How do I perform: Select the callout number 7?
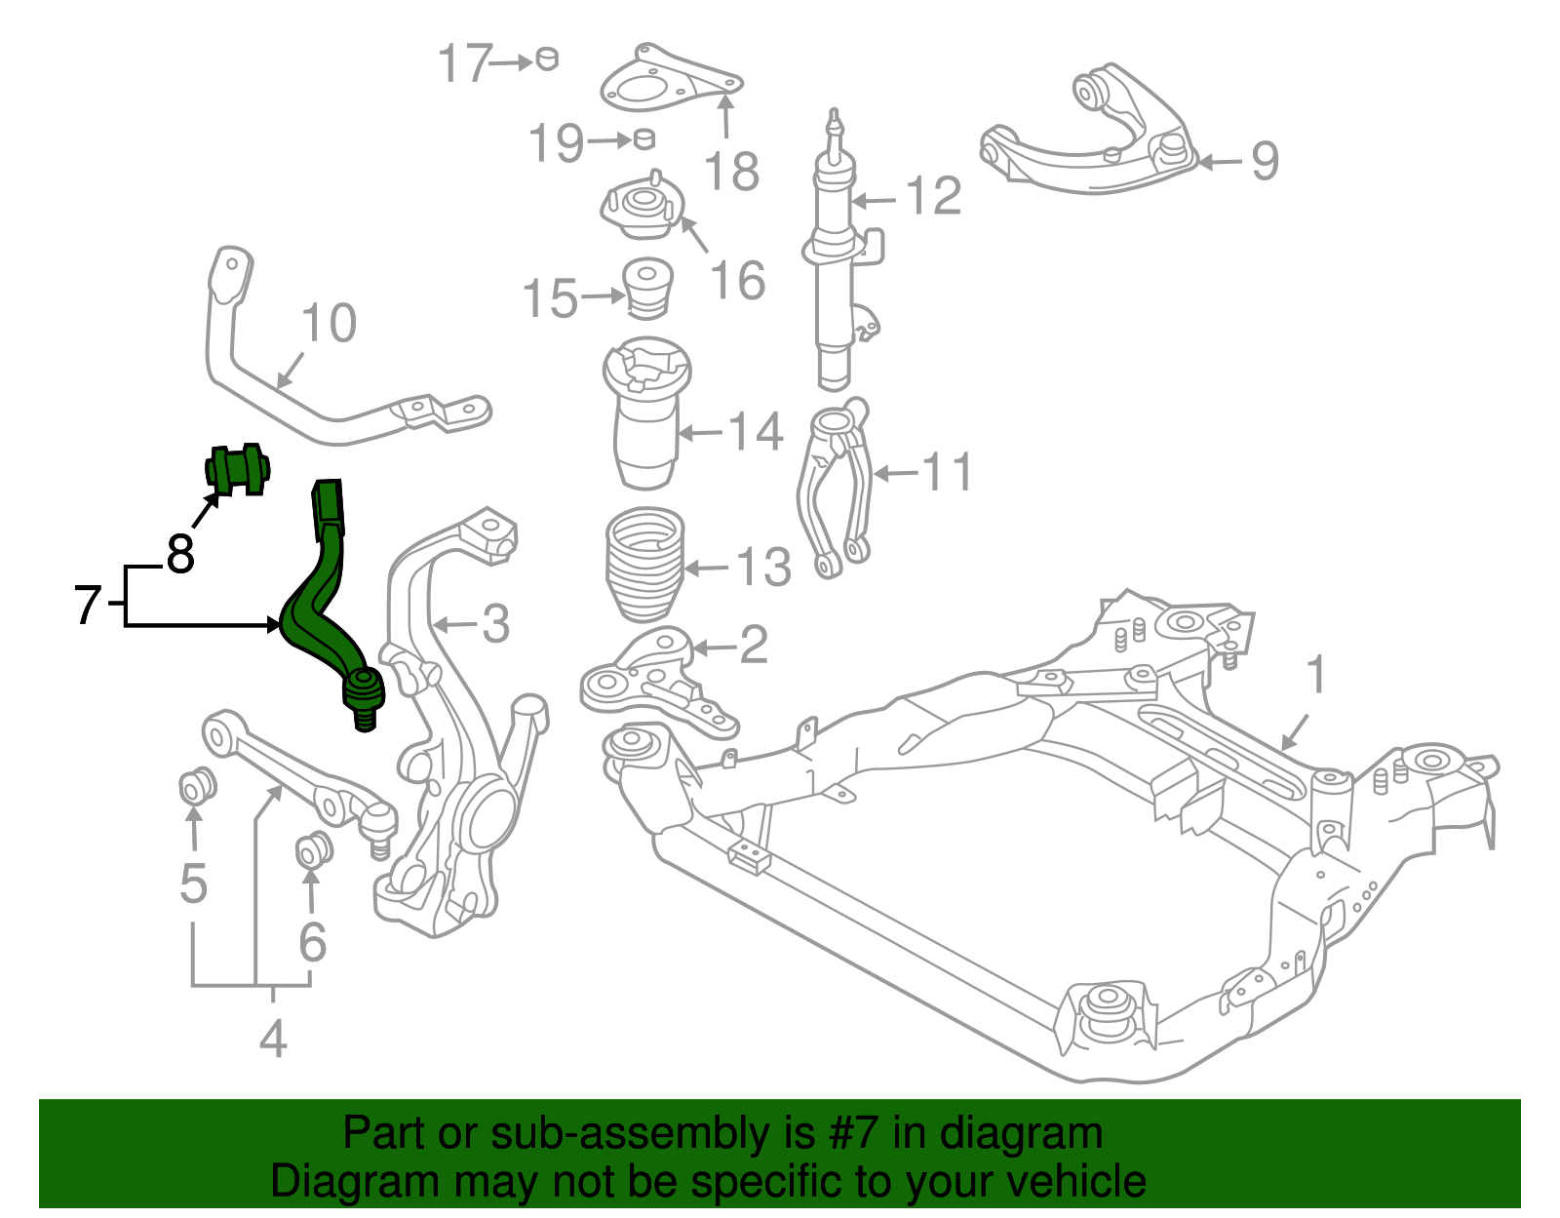click(x=88, y=605)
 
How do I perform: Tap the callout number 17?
click(x=463, y=64)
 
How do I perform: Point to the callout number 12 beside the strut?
click(x=933, y=197)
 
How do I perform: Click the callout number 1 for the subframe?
click(x=1316, y=675)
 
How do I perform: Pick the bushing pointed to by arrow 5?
click(x=198, y=785)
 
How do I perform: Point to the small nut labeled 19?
click(x=643, y=138)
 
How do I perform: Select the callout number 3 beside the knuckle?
click(x=495, y=624)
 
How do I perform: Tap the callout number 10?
click(x=330, y=324)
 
